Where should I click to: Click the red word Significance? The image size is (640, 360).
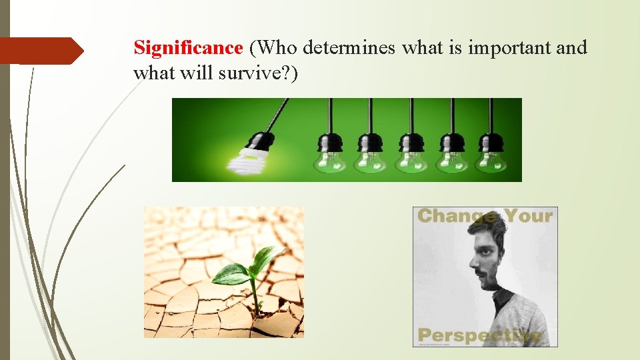tap(188, 48)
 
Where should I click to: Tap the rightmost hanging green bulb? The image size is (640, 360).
tap(493, 158)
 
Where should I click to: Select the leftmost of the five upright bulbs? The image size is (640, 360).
tap(331, 158)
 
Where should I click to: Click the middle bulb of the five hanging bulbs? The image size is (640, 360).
tap(411, 158)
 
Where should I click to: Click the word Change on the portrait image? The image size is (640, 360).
tap(457, 216)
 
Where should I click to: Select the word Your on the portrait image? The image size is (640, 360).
tap(529, 216)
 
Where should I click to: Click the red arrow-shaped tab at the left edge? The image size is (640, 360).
tap(40, 51)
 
